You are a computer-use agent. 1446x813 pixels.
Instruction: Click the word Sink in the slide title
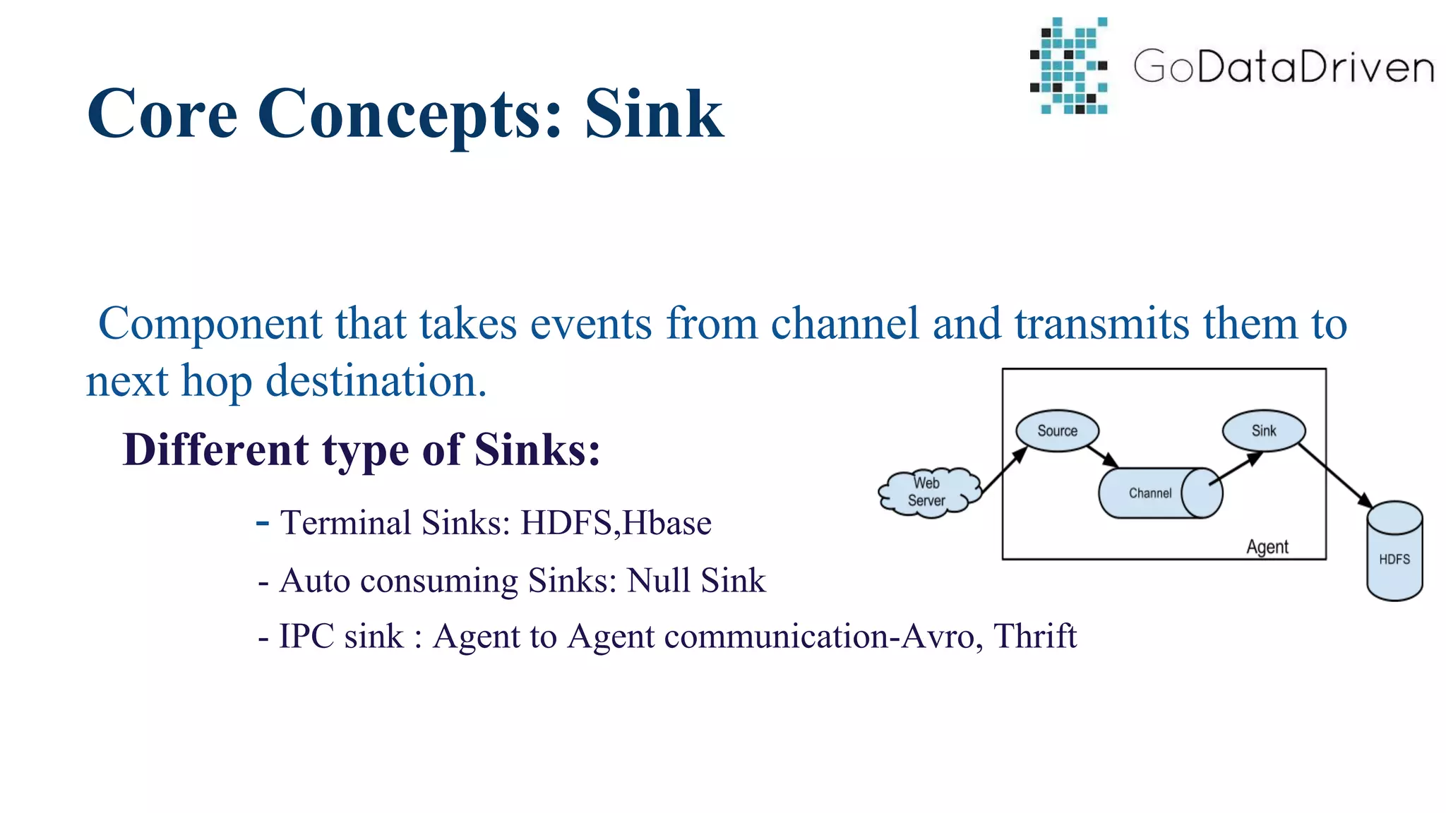654,114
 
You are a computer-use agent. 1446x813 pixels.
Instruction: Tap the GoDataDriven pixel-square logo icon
1068,66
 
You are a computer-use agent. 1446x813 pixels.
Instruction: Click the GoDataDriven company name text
1284,67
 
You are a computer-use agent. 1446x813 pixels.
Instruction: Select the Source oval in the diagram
1057,430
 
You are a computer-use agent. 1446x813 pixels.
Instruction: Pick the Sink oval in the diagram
1263,430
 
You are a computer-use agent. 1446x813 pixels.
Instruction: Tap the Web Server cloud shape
927,492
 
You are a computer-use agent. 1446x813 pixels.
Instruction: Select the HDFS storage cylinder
1394,554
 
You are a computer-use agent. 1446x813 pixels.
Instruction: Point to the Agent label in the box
1267,547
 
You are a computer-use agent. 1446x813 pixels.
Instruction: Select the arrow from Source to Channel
1103,456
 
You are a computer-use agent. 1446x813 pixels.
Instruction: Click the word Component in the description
210,325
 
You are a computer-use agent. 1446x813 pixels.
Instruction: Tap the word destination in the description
376,382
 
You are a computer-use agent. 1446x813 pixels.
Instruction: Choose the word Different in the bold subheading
215,450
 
